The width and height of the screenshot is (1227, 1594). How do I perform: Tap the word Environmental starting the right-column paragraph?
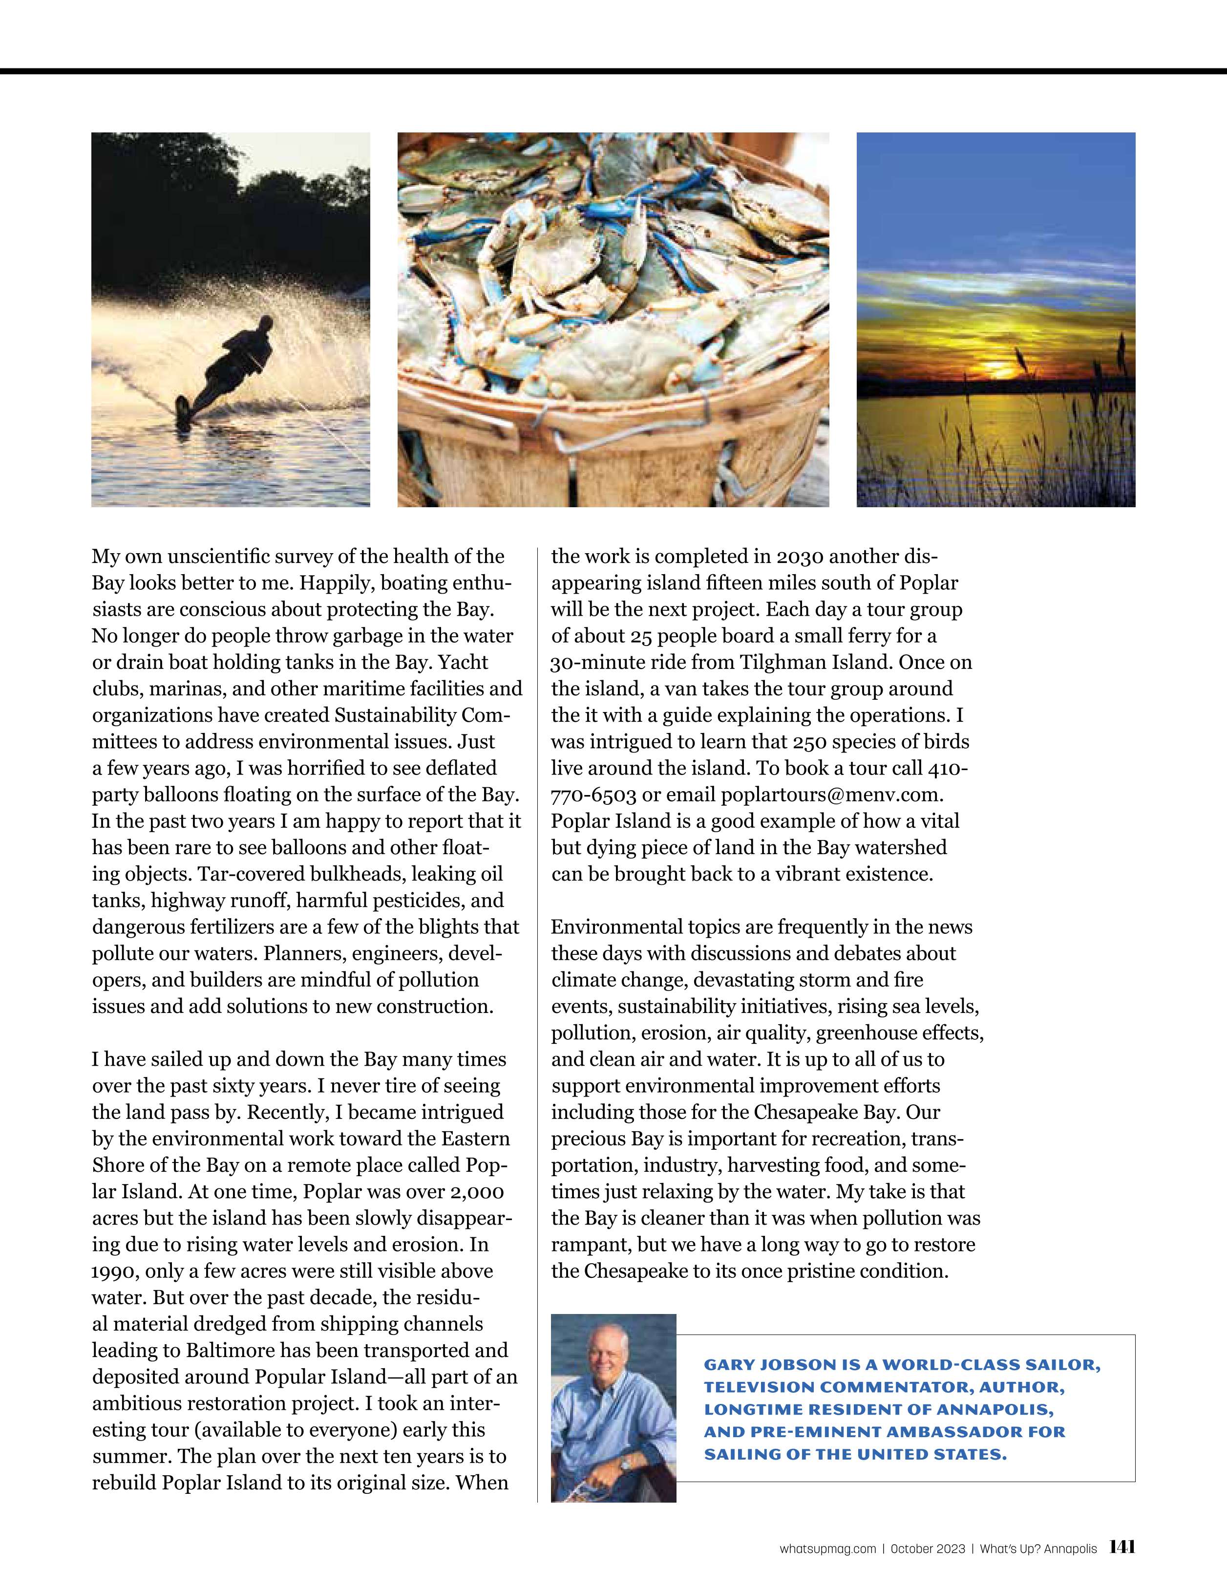[616, 927]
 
